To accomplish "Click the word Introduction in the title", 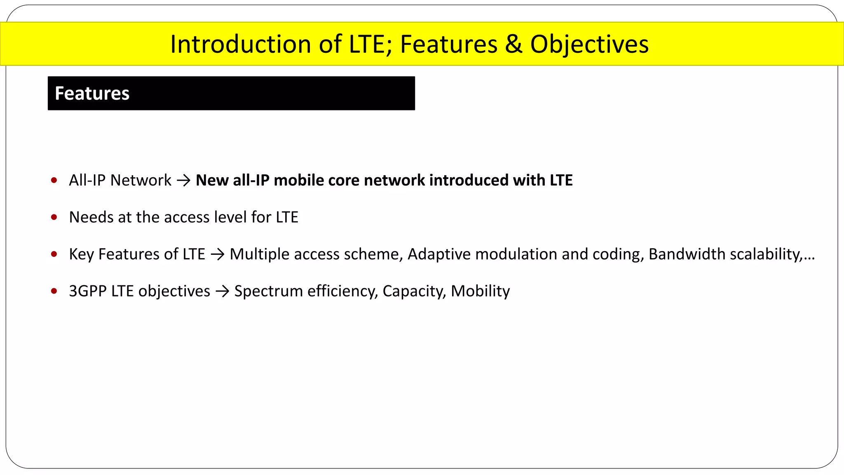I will (241, 44).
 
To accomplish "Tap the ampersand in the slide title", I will (513, 44).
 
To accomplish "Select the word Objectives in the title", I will (589, 44).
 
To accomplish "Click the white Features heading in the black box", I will (92, 94).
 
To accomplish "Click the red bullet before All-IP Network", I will (54, 180).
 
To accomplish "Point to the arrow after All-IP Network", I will (183, 181).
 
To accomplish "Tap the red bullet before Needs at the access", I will (54, 217).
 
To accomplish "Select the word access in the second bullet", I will (187, 217).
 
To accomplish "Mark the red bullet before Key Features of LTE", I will (54, 254).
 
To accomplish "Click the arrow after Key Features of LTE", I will (217, 254).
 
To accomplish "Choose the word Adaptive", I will (438, 254).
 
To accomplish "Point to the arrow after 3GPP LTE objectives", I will (222, 292).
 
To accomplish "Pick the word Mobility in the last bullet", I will (480, 291).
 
